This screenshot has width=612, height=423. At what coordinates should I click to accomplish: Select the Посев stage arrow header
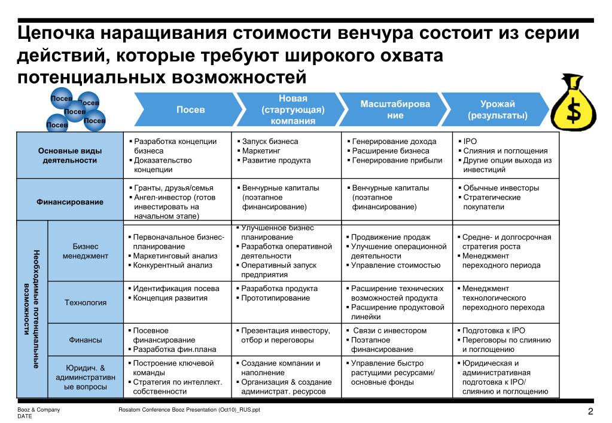click(190, 110)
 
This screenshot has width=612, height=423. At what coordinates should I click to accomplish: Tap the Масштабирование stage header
click(395, 109)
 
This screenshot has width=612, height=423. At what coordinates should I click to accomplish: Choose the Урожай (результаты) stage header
click(497, 109)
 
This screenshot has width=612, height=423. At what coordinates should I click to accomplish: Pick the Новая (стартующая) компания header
click(293, 109)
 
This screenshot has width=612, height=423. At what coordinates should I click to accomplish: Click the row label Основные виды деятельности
click(70, 155)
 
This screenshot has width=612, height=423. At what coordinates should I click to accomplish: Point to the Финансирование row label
click(70, 202)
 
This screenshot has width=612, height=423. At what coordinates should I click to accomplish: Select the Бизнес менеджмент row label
click(86, 251)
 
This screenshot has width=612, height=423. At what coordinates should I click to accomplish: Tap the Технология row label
click(86, 302)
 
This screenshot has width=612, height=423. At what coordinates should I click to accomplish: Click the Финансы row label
click(86, 340)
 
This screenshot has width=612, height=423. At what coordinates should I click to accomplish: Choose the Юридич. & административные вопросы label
click(86, 377)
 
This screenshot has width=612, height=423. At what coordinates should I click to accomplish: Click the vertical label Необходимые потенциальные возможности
click(32, 308)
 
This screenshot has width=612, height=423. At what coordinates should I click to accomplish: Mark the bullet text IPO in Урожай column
click(470, 142)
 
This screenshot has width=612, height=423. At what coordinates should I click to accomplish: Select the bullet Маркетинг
click(258, 151)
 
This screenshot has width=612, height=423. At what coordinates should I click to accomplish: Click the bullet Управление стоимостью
click(395, 265)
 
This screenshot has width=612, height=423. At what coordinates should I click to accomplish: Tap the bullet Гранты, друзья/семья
click(173, 188)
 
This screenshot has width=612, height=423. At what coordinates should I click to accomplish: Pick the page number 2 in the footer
click(590, 412)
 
